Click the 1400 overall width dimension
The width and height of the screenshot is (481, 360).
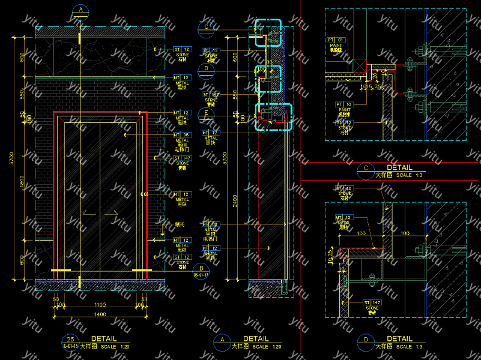pyautogui.click(x=100, y=314)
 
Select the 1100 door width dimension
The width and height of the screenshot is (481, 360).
pyautogui.click(x=100, y=305)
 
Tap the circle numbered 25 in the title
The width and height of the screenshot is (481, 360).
pyautogui.click(x=70, y=339)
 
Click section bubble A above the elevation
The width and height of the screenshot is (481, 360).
pyautogui.click(x=80, y=11)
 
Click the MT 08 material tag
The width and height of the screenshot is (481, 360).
pyautogui.click(x=182, y=135)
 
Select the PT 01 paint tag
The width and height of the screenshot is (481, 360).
pyautogui.click(x=335, y=40)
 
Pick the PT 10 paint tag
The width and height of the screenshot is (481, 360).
pyautogui.click(x=344, y=104)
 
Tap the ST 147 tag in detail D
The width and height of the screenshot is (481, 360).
pyautogui.click(x=372, y=302)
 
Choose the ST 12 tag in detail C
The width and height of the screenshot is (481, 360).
pyautogui.click(x=344, y=122)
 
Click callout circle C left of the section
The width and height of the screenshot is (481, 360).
pyautogui.click(x=206, y=26)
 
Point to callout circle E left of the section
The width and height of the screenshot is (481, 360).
pyautogui.click(x=206, y=112)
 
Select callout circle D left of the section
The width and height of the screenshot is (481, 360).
pyautogui.click(x=206, y=68)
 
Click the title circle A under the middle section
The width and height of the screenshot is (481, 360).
pyautogui.click(x=222, y=341)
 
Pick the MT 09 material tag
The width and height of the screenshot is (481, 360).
pyautogui.click(x=211, y=224)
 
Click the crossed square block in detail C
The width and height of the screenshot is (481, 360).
pyautogui.click(x=360, y=65)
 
